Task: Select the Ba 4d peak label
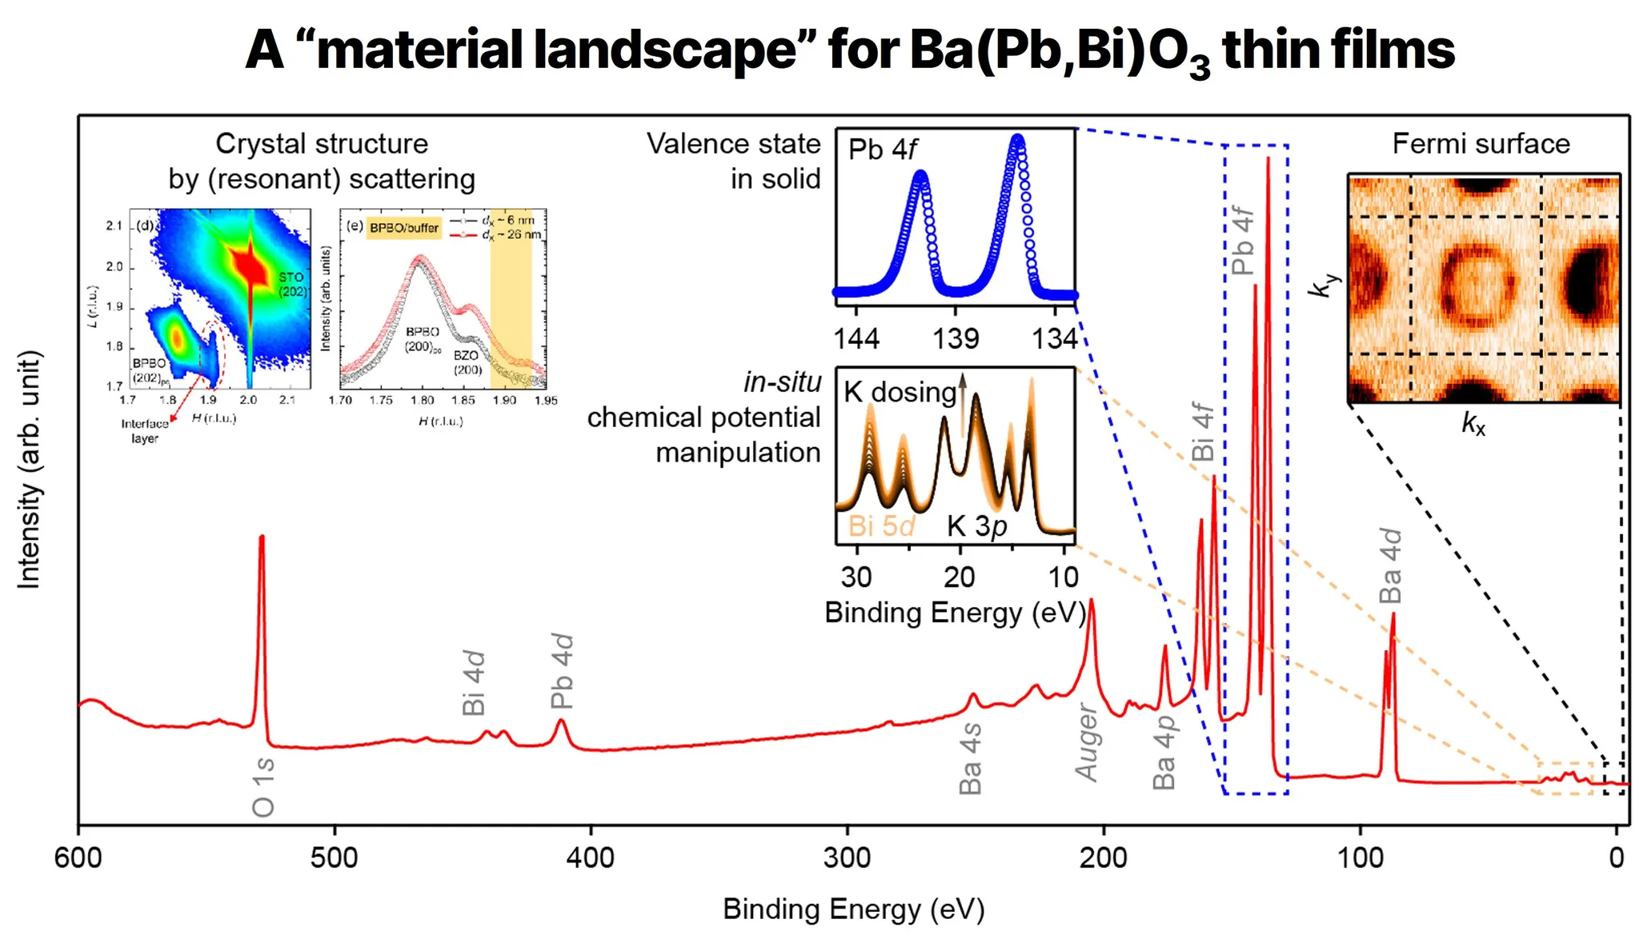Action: [1391, 565]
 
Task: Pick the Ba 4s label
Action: [970, 758]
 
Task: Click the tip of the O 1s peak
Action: [262, 537]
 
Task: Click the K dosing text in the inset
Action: [900, 392]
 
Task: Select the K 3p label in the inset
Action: [977, 525]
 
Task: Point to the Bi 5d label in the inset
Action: [881, 525]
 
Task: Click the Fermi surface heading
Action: [1481, 144]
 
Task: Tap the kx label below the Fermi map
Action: [1473, 423]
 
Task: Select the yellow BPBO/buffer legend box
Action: [404, 228]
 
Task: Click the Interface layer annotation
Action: [145, 431]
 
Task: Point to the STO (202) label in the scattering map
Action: [292, 284]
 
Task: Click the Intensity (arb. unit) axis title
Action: [29, 470]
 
